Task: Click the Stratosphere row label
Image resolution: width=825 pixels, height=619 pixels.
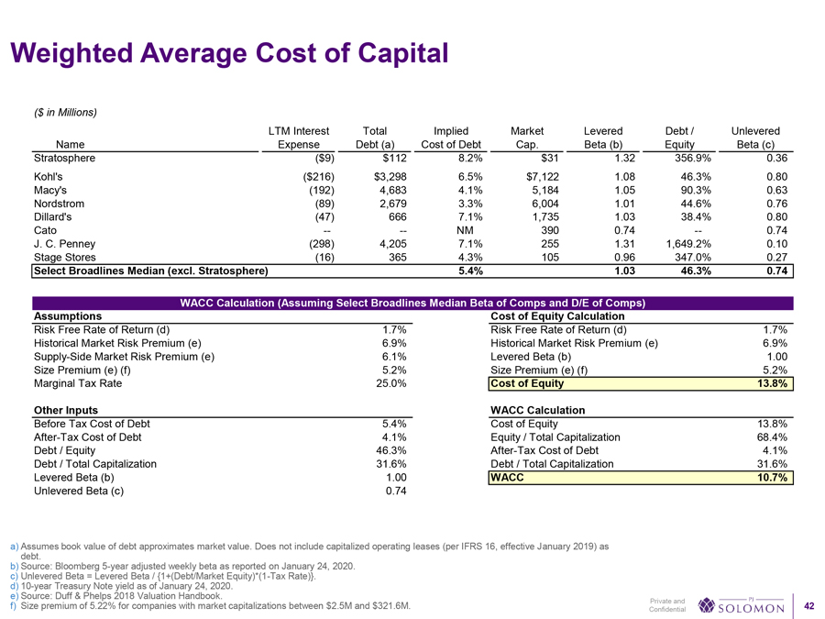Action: (x=67, y=157)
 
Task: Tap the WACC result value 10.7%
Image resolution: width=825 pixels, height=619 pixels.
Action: (x=774, y=478)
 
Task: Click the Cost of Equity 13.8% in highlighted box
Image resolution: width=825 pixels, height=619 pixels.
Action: (x=774, y=383)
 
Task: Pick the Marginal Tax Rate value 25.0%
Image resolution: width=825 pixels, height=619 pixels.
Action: (x=391, y=383)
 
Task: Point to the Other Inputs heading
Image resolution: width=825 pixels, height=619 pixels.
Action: (x=65, y=409)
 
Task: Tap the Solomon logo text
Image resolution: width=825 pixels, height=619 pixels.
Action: (x=752, y=607)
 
